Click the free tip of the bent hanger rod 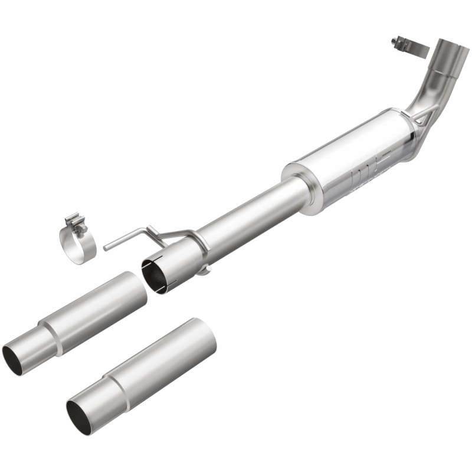106,247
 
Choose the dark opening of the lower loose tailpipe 78,417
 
